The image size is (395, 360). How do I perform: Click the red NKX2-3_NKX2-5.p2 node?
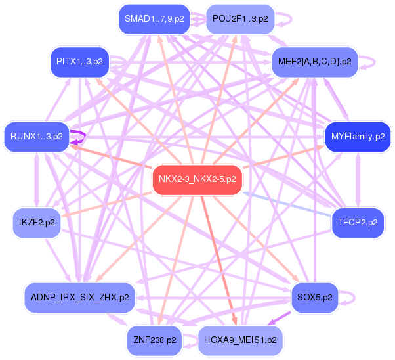[x=197, y=179]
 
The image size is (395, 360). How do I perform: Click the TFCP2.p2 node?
[x=358, y=222]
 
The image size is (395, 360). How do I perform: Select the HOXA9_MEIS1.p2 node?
[x=240, y=340]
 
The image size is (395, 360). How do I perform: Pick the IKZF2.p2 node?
[x=37, y=222]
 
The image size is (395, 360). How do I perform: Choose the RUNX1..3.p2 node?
[x=37, y=137]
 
